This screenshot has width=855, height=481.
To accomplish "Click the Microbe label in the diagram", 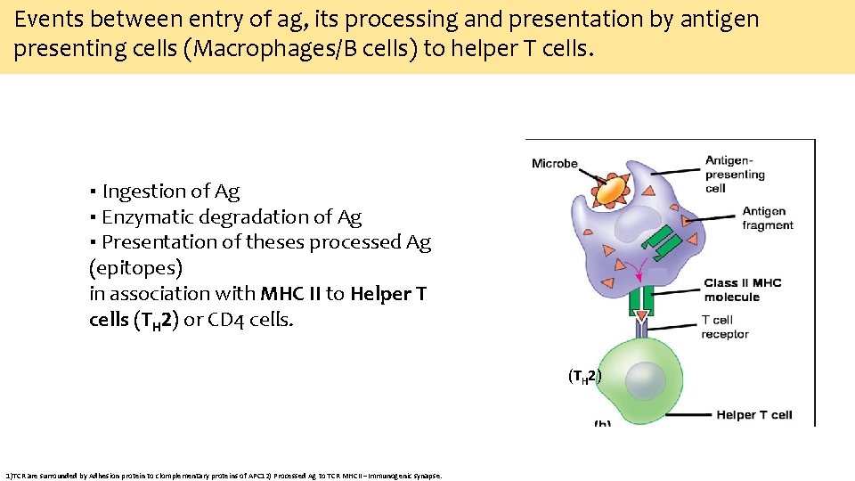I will (x=554, y=163).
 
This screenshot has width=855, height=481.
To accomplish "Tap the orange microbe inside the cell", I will (x=610, y=190).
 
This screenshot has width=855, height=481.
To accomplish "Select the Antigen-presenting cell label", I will (x=735, y=174).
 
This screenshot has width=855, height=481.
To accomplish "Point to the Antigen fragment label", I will (x=767, y=218).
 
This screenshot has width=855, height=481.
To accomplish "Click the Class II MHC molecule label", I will (x=742, y=289).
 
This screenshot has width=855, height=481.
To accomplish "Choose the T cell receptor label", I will (x=725, y=327).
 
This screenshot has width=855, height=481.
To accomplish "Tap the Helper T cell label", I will (x=753, y=414).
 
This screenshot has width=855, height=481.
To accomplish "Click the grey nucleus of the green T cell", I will (x=644, y=381).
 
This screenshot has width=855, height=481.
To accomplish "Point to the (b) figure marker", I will (x=602, y=421).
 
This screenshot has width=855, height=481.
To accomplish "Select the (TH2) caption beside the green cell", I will (x=584, y=376).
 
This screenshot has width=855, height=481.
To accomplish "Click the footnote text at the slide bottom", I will (x=223, y=475).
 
